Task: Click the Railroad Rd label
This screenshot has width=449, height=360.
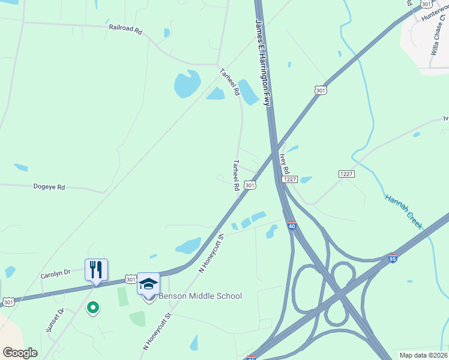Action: tap(125, 28)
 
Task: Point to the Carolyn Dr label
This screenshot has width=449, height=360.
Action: tap(55, 274)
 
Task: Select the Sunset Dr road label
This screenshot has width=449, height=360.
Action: tap(55, 323)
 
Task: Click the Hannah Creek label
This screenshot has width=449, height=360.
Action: tap(404, 211)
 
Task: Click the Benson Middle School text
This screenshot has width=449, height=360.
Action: tap(200, 296)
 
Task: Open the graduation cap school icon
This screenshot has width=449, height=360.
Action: tap(148, 284)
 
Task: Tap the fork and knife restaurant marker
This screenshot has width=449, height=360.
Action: tap(96, 269)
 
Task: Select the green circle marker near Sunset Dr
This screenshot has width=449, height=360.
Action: tap(92, 308)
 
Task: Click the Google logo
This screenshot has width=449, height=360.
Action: tap(20, 352)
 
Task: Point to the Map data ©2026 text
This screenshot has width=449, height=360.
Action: tap(423, 355)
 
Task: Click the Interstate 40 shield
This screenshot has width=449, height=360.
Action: tap(292, 226)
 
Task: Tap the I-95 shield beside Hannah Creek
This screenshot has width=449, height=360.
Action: tap(393, 257)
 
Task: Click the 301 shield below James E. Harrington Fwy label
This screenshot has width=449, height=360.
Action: tap(320, 90)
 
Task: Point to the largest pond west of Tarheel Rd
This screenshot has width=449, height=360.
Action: tap(187, 84)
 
